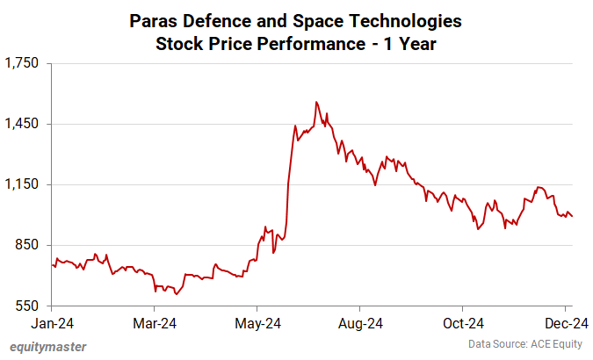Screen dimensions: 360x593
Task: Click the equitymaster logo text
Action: (x=48, y=347)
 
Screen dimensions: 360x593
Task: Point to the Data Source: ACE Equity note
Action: (x=524, y=343)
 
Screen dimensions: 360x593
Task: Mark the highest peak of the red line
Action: (x=316, y=102)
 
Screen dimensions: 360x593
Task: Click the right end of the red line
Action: (x=573, y=217)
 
